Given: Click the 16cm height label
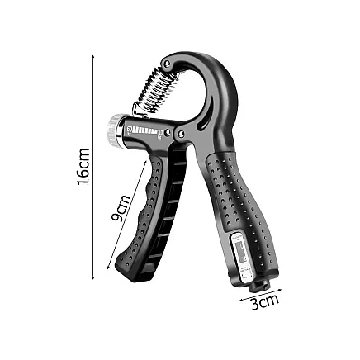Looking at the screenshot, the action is point(83,167).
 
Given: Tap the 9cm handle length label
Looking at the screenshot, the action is point(121,208).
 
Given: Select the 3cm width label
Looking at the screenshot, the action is point(265,301).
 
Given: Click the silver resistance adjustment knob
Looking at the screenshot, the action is point(113,130).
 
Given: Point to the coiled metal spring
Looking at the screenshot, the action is point(156,89).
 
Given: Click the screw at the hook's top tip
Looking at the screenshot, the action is point(168,64).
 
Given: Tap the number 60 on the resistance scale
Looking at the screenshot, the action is point(130,128).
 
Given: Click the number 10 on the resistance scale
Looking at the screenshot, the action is point(159,131).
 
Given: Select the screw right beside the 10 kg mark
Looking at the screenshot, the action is point(168,133).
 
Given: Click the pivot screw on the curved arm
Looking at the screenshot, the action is point(181,135).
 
